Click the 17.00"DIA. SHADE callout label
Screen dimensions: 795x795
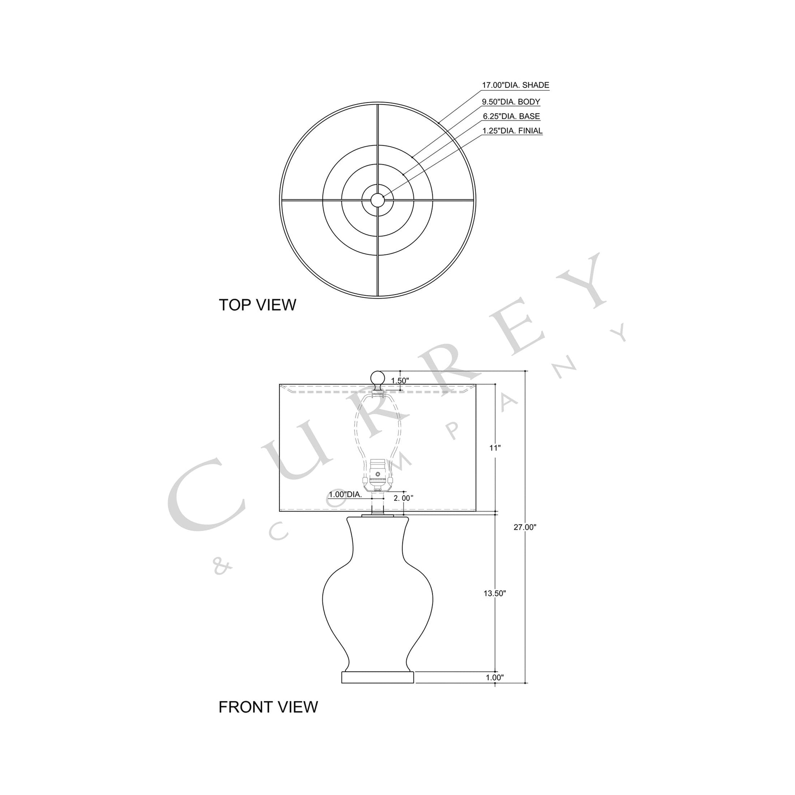point(515,85)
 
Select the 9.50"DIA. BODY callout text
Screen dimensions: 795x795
point(511,102)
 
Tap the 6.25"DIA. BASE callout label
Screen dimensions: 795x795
point(511,116)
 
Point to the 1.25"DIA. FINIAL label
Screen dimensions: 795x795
point(512,131)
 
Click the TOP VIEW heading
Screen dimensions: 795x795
point(257,305)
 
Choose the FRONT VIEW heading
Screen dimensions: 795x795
point(268,707)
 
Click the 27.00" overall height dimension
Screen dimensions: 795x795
point(525,527)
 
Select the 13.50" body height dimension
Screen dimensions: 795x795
point(494,593)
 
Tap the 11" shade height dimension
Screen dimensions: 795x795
point(495,448)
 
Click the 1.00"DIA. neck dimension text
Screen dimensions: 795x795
point(345,495)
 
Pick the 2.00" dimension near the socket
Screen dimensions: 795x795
point(403,498)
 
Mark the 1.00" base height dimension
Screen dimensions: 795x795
point(494,677)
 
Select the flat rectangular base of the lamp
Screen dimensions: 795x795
point(378,677)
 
